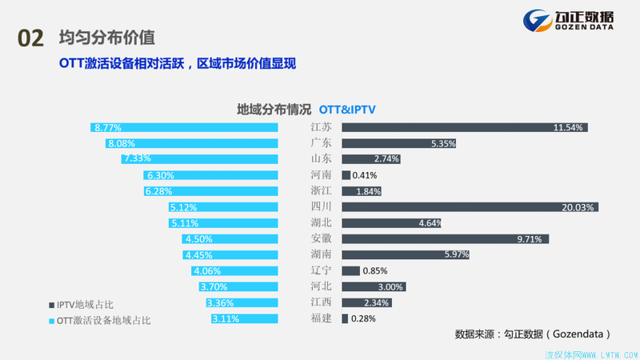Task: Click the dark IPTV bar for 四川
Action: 470,207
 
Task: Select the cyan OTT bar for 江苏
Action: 184,127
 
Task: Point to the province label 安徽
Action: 322,239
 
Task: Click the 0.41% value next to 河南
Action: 366,175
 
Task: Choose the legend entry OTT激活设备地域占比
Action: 100,320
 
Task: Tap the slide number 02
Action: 30,38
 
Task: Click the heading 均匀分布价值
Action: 106,38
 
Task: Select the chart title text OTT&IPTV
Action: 347,109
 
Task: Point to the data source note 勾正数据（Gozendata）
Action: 533,333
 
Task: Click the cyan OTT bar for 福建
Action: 245,318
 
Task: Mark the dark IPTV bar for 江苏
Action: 464,127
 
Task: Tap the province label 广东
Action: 322,143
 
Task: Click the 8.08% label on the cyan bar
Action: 122,143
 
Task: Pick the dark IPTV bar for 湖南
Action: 406,255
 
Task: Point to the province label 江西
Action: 322,302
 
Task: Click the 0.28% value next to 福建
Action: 363,318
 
